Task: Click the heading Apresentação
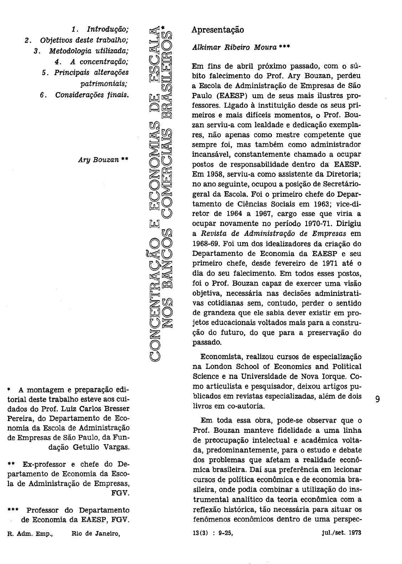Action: click(217, 30)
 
